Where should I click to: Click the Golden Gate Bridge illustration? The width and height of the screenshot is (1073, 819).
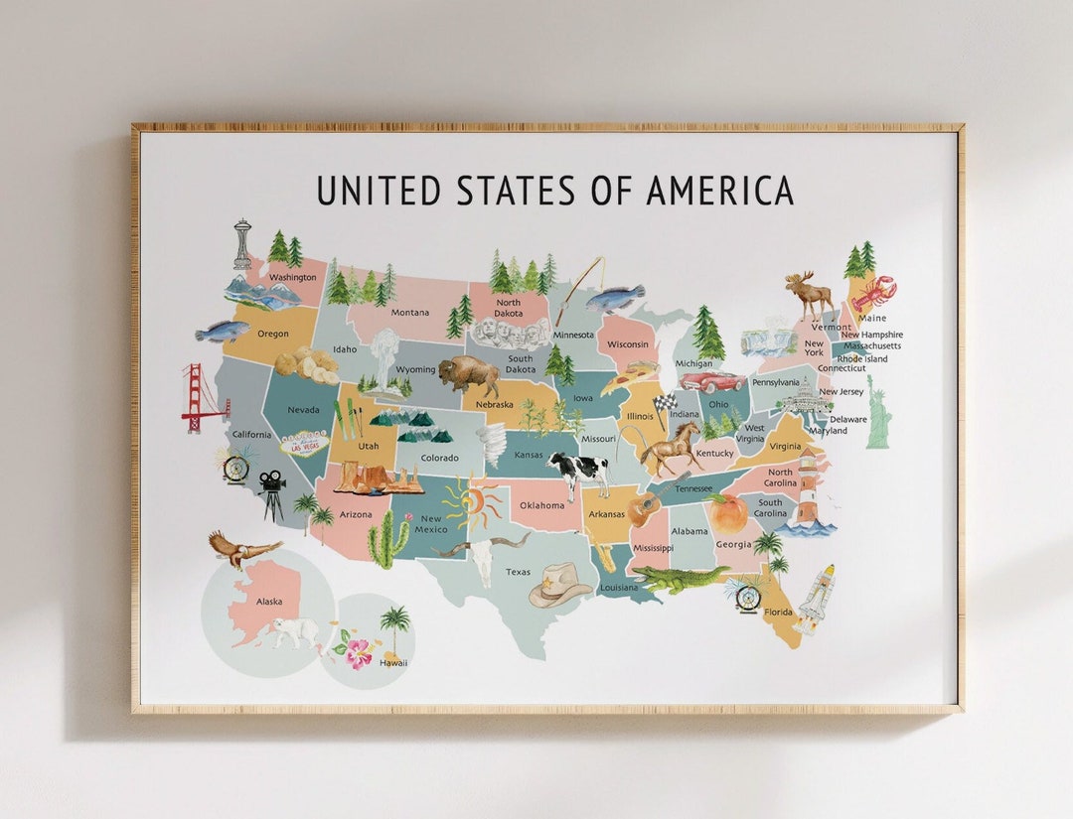[202, 397]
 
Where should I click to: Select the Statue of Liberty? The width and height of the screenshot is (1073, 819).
[876, 413]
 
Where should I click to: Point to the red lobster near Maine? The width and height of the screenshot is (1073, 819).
[873, 294]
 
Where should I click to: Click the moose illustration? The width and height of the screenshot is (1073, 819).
[811, 294]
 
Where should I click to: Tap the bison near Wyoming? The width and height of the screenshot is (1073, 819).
[468, 374]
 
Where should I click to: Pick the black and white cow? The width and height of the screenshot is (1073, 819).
[578, 472]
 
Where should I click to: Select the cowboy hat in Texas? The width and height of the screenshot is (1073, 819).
[560, 584]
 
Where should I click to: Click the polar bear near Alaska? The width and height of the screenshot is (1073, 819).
[296, 631]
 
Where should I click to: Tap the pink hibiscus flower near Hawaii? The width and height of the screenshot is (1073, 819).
[357, 651]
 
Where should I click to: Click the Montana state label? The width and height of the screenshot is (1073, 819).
[409, 313]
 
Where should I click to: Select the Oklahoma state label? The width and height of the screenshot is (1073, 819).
[542, 505]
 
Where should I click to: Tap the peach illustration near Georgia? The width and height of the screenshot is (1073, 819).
[729, 514]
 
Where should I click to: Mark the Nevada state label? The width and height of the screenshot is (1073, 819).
[303, 410]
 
